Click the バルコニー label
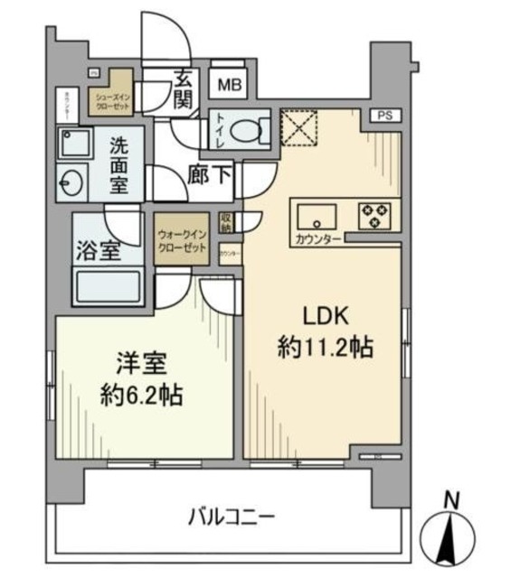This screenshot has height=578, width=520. coord(232,518)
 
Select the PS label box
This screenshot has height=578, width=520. coord(386,115)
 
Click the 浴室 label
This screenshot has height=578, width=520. coord(97,249)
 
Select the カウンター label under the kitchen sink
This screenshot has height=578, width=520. coord(317,238)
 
